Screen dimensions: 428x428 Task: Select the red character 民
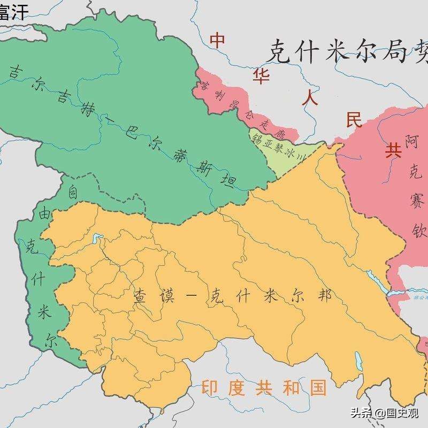click(x=354, y=119)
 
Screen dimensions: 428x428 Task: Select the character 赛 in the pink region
click(x=416, y=202)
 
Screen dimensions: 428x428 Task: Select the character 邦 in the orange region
click(x=323, y=295)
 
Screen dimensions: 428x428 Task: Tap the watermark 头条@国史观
click(x=385, y=413)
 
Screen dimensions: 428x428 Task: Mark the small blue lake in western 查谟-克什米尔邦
click(x=97, y=237)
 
